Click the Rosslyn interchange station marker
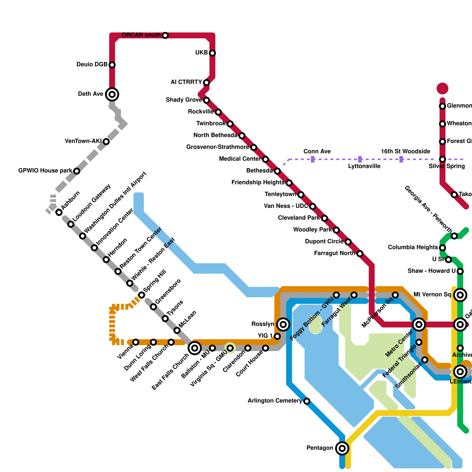coord(283,324)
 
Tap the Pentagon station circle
coord(342,448)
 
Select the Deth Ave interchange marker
coord(112,94)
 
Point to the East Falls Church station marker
coord(195,348)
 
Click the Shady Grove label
coord(184,100)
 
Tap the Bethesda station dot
coord(277,171)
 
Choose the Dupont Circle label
coord(324,242)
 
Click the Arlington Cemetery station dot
coord(307,401)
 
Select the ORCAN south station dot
coord(165,35)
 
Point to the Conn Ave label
coord(317,152)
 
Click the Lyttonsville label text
coord(364,166)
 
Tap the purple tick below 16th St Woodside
coord(401,159)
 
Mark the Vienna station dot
coord(136,342)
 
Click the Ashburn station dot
coord(59,212)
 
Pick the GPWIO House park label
coord(45,171)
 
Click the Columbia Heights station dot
coord(442,248)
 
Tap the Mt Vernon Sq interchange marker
coord(460,295)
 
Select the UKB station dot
coord(212,53)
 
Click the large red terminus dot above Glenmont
coord(442,88)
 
